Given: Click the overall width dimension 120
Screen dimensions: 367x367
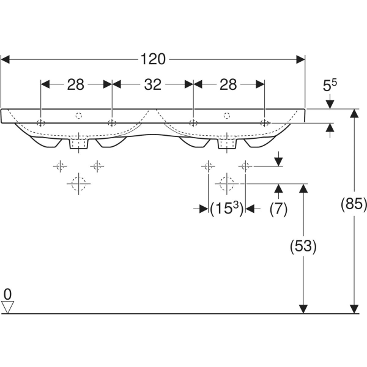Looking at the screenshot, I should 153,59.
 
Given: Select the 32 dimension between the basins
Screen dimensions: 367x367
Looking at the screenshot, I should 152,85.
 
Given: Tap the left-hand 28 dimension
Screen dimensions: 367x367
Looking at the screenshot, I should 76,85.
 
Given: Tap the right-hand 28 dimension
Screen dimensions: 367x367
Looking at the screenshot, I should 228,85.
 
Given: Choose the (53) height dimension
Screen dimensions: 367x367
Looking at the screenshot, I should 303,247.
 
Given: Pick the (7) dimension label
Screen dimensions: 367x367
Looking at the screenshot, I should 278,209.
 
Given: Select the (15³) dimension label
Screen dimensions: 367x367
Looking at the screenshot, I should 226,209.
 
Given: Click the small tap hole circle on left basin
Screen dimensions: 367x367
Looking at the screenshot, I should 78,115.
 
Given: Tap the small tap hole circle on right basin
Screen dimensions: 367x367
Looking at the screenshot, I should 227,115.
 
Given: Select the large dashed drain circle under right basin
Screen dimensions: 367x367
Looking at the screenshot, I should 227,182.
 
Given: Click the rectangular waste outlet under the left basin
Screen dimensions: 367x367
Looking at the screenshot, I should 78,144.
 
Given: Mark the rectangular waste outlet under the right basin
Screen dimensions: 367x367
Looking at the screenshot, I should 227,144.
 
